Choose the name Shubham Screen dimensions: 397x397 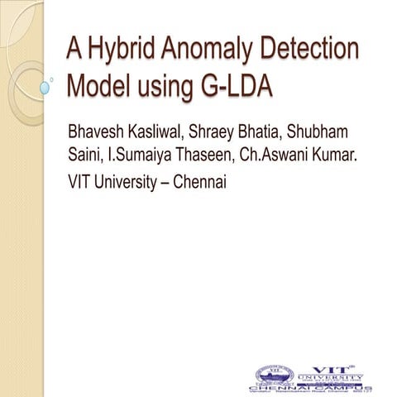(360, 134)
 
